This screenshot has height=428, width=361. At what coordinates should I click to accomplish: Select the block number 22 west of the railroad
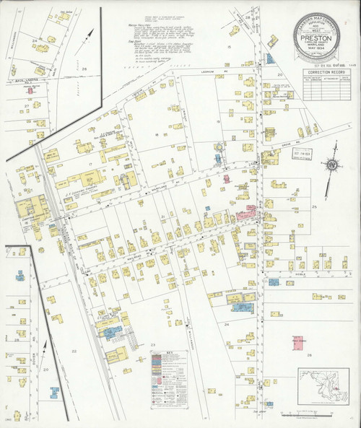73,350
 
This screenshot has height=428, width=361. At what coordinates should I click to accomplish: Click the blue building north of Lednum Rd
269,58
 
